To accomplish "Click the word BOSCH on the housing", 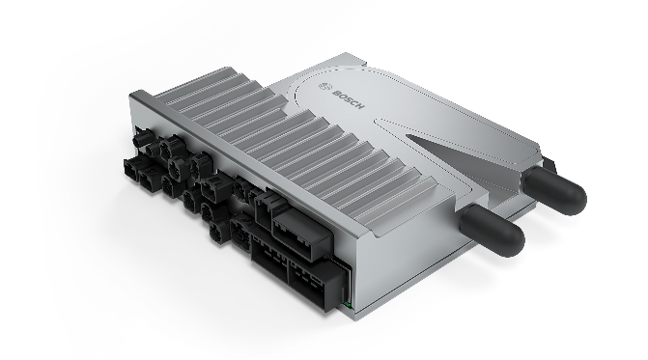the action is (349, 99).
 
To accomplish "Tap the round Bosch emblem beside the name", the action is (324, 87).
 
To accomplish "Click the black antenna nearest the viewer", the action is (493, 229).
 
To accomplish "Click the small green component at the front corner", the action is (348, 305).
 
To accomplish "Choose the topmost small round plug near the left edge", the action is (143, 138).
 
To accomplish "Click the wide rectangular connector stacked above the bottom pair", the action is (301, 235).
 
